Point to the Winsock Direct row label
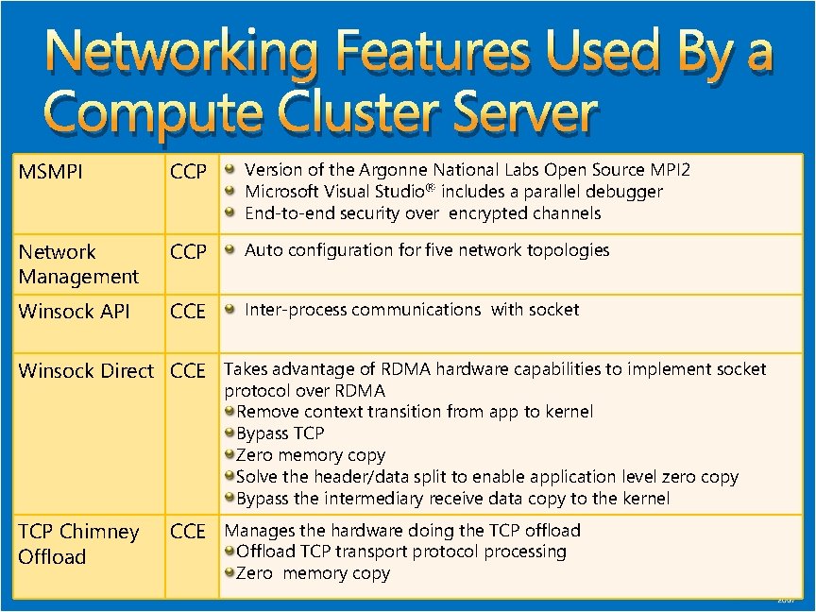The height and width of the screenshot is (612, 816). [x=86, y=371]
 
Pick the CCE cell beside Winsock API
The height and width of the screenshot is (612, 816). [x=187, y=312]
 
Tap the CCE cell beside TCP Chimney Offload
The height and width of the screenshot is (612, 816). [x=187, y=532]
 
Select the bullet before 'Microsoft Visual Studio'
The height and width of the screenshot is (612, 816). [x=230, y=192]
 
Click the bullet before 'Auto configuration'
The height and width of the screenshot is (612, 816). [x=230, y=251]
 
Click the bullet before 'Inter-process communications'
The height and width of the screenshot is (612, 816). [x=230, y=311]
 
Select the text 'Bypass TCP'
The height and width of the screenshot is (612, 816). [x=280, y=433]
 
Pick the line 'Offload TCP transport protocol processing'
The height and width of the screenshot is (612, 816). [x=400, y=552]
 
